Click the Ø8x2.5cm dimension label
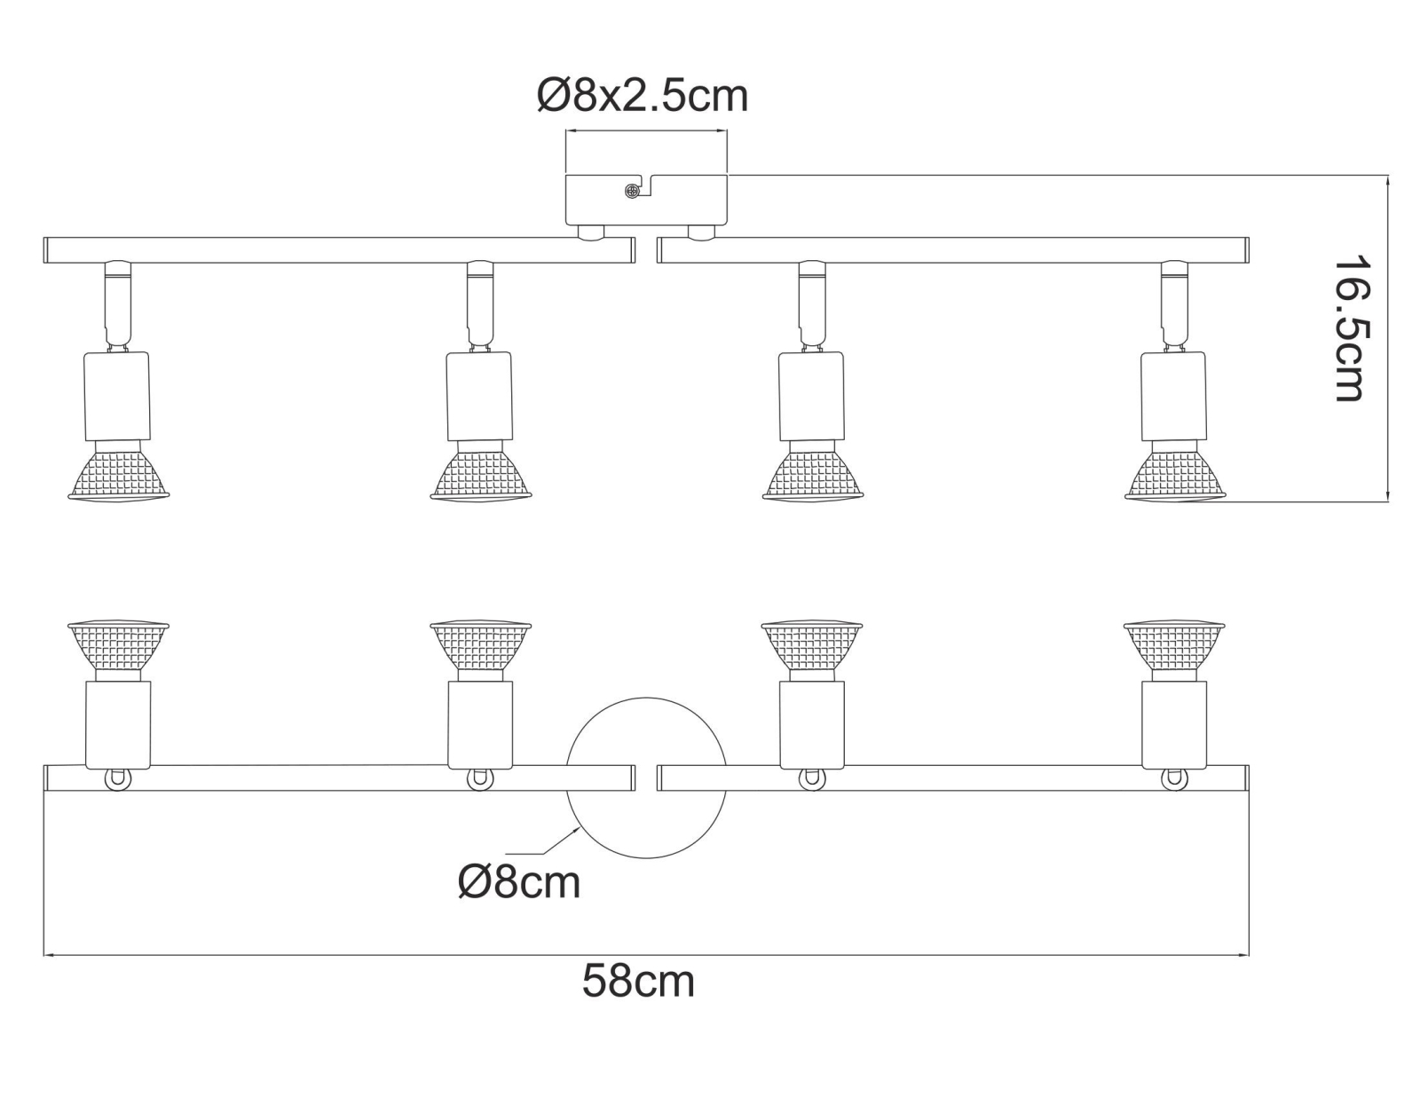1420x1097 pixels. coord(643,97)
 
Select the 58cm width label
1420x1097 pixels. coord(638,999)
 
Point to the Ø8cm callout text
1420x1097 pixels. coord(519,883)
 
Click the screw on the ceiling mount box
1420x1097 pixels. coord(631,191)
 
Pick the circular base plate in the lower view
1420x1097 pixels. coord(646,777)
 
